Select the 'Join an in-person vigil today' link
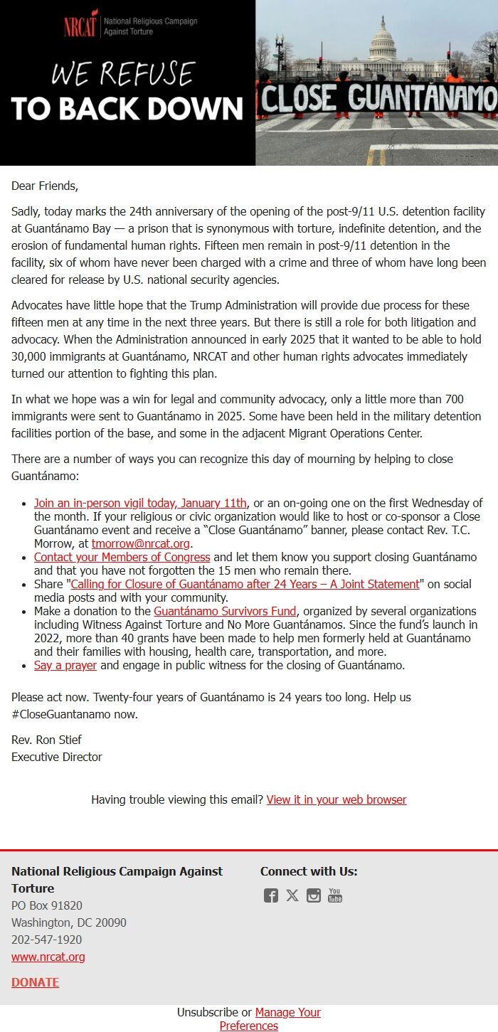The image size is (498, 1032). [140, 504]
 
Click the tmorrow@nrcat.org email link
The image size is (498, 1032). [141, 543]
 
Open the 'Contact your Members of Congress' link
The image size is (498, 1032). [122, 557]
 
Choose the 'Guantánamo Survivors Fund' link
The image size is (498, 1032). [225, 611]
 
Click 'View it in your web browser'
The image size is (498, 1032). [337, 799]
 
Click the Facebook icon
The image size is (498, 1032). [271, 895]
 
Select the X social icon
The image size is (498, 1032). [292, 895]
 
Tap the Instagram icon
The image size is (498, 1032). [314, 895]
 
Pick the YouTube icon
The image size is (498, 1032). [335, 895]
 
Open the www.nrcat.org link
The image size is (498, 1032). [48, 957]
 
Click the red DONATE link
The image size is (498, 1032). [35, 982]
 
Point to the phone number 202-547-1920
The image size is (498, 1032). [46, 940]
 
